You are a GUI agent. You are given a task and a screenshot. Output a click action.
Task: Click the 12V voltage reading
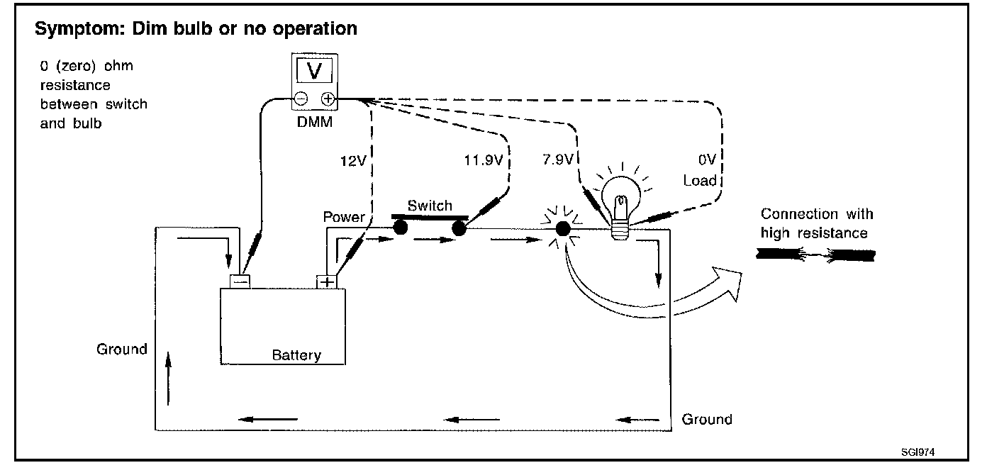[353, 161]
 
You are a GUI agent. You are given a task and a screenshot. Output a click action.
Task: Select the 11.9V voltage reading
[484, 160]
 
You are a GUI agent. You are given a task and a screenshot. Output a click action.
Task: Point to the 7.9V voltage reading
[558, 159]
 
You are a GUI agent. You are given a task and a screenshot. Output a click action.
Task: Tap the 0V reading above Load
[707, 159]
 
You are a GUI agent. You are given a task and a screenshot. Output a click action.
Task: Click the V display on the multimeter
[314, 70]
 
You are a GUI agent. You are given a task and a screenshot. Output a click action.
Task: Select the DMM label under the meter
[315, 122]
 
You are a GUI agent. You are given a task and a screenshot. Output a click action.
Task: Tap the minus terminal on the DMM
[301, 99]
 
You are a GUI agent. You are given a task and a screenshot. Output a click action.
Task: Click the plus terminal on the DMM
[328, 99]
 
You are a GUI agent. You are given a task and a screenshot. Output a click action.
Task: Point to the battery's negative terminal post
[240, 281]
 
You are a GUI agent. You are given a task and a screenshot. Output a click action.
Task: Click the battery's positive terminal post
[326, 281]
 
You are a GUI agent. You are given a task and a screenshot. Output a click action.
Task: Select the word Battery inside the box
[296, 355]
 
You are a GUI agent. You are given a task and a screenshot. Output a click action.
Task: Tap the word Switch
[430, 206]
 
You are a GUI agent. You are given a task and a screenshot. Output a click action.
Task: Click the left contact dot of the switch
[400, 228]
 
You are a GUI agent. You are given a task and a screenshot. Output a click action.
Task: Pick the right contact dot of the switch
[459, 228]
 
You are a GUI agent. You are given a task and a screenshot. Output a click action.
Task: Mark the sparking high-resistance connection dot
[563, 229]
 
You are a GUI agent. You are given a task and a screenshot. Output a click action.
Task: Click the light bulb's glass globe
[621, 194]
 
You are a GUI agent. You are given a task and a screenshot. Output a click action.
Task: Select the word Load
[700, 180]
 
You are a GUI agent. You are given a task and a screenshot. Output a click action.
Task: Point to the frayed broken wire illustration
[815, 255]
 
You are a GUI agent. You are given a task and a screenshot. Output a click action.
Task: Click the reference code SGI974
[918, 452]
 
